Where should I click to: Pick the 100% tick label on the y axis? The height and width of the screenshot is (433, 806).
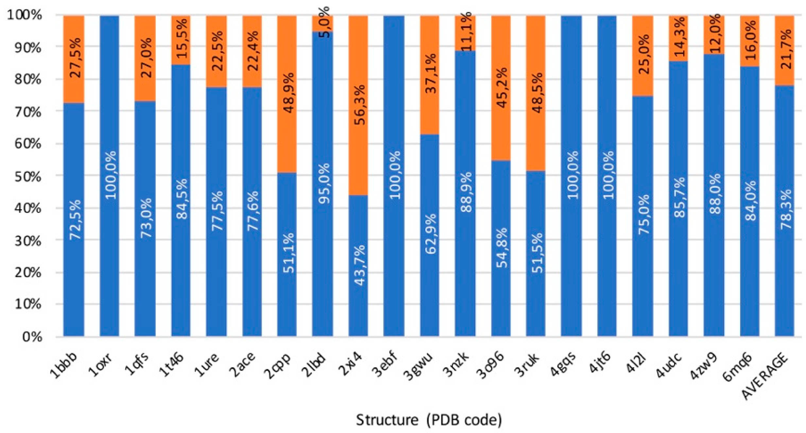[25, 15]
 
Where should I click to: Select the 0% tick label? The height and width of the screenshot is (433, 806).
[32, 337]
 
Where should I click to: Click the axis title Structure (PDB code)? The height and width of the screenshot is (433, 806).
[429, 420]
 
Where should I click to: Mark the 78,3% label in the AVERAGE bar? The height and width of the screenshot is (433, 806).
[785, 209]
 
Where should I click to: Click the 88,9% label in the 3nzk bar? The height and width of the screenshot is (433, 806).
[466, 192]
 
